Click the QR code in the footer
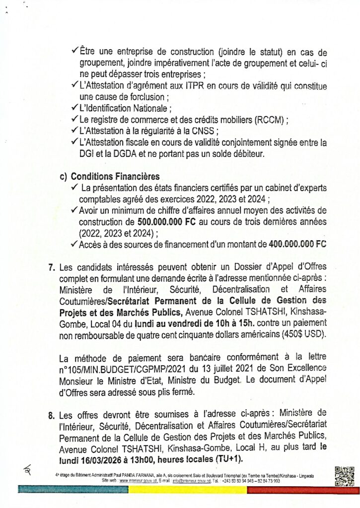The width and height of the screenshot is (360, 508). [x=344, y=475]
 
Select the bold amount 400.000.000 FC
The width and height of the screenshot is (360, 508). [x=297, y=244]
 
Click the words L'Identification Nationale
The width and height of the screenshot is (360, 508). [x=124, y=109]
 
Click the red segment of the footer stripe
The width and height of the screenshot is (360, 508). [x=303, y=489]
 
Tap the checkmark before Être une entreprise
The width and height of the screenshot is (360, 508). [x=74, y=52]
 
